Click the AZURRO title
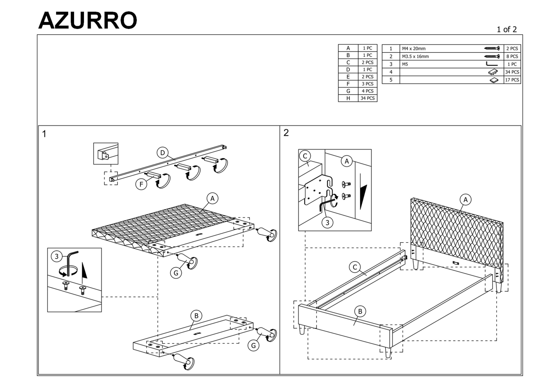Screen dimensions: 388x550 [87, 20]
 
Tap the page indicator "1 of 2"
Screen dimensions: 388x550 [507, 29]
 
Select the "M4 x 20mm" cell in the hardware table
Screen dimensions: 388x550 [414, 49]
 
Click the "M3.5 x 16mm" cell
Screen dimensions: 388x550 [415, 57]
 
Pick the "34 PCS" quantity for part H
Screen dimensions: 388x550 [367, 98]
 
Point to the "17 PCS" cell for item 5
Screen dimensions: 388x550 [512, 80]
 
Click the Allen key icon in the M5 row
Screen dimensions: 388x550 [492, 64]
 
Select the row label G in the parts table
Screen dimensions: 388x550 [348, 91]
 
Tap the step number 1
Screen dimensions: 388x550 [44, 134]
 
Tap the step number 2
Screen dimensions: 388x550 [286, 133]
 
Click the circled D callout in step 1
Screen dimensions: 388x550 [163, 153]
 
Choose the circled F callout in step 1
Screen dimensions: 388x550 [141, 184]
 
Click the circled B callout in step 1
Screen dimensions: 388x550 [196, 316]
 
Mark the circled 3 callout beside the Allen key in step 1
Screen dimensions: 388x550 [57, 256]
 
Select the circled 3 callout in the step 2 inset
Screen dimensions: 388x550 [327, 223]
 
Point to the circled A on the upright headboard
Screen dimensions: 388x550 [465, 200]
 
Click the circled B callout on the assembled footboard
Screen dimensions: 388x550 [360, 311]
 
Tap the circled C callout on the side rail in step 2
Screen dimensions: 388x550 [355, 267]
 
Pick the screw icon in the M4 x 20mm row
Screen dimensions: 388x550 [492, 49]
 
